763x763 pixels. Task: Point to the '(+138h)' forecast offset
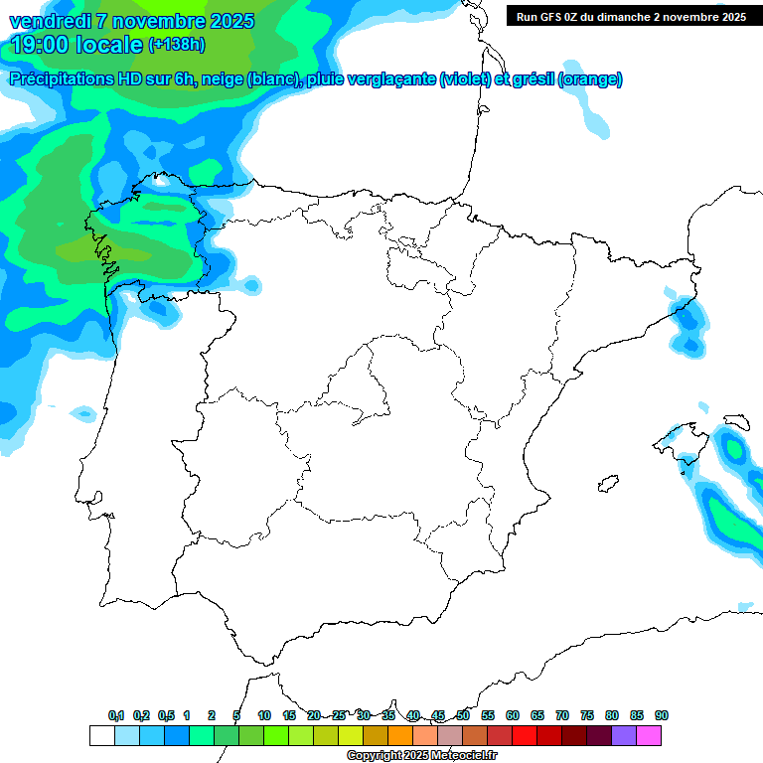tap(177, 45)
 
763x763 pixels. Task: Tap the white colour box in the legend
tap(101, 735)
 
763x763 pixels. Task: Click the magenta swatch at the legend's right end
tap(649, 735)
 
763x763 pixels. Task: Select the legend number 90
tap(662, 715)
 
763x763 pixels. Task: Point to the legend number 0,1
tap(116, 715)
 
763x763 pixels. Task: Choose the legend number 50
tap(463, 715)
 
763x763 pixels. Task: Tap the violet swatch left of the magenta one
tap(624, 735)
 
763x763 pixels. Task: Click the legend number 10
tap(264, 715)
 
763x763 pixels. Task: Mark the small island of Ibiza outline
tap(604, 485)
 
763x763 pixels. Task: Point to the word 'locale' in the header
tap(108, 45)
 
